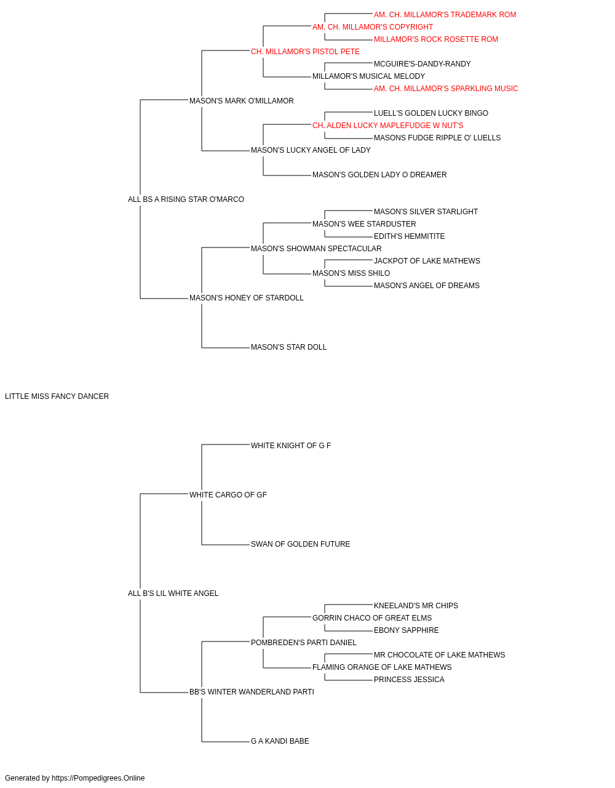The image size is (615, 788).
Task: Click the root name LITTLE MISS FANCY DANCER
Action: point(57,396)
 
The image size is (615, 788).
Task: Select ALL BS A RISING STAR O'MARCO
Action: point(186,199)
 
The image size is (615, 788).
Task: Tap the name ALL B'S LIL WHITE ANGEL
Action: point(173,593)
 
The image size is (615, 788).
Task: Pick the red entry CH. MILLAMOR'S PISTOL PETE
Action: point(305,52)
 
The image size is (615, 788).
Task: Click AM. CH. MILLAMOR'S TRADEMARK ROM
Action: point(445,15)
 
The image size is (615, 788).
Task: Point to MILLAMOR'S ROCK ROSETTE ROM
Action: point(436,39)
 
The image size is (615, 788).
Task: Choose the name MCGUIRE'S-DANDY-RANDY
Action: point(423,64)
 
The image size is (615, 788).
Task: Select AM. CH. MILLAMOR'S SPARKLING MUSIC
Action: point(446,89)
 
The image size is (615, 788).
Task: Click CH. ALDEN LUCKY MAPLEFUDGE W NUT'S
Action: point(388,126)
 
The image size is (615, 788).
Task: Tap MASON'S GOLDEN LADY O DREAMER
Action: point(379,175)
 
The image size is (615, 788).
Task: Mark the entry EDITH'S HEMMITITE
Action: point(409,236)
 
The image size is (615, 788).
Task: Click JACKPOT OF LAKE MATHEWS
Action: point(427,261)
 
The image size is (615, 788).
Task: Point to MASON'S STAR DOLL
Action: point(288,347)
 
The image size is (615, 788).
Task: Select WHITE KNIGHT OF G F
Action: point(291,446)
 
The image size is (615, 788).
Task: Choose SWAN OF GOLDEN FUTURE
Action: point(301,544)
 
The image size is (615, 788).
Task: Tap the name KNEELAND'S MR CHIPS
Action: point(416,606)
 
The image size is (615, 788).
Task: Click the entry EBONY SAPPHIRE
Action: point(407,630)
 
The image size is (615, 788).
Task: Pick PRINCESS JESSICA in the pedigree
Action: point(409,680)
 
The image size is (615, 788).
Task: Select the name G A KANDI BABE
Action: point(280,741)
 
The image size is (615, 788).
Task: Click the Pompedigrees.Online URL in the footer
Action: point(98,778)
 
